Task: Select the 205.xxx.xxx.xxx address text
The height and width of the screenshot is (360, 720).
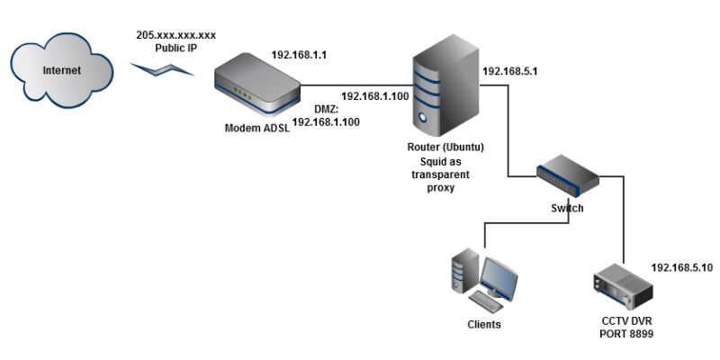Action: [176, 35]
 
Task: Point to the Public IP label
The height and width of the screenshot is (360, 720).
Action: [175, 48]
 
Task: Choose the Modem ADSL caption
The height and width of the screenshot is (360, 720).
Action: [256, 129]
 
